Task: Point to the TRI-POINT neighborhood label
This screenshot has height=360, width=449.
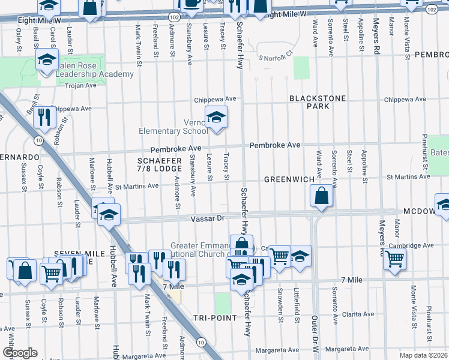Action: [215, 317]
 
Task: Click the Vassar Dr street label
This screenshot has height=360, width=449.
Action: [208, 219]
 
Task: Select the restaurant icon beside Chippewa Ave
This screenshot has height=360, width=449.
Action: [43, 117]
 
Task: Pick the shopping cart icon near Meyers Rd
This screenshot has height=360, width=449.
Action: [394, 259]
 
